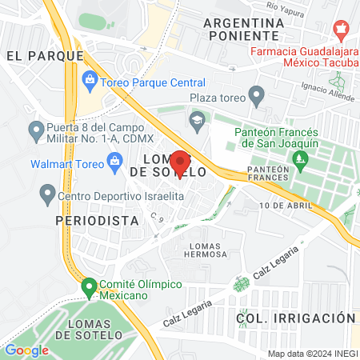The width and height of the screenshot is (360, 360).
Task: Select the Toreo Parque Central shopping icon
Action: coord(90,81)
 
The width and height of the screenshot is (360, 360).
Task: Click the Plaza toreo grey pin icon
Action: coord(257,98)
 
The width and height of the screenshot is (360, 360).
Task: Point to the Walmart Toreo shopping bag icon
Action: coord(116,164)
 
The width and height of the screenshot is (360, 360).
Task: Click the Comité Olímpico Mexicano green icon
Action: coord(88,286)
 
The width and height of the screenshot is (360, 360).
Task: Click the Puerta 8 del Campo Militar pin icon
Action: coord(36,129)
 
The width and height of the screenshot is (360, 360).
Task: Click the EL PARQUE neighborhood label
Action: coord(44,56)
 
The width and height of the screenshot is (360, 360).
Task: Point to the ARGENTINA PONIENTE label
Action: coord(244,30)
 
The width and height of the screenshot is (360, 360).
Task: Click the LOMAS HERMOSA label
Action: coord(206,248)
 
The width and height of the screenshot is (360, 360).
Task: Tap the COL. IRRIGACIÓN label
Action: coord(294,318)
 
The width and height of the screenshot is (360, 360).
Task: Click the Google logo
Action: coord(26,350)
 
